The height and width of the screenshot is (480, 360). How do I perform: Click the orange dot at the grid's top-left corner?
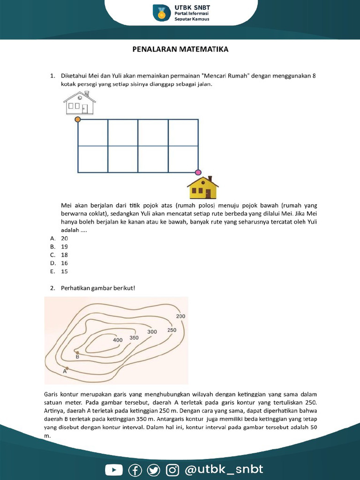click(78, 120)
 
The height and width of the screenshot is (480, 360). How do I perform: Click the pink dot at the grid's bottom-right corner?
click(198, 172)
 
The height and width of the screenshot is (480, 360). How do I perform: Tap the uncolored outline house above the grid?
click(79, 103)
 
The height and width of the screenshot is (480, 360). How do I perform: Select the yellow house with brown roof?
click(203, 187)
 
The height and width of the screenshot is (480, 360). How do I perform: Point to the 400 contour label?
click(118, 340)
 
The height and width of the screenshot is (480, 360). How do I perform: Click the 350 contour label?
click(134, 337)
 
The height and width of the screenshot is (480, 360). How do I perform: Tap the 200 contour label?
click(180, 316)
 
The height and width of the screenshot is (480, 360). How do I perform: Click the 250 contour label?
click(172, 330)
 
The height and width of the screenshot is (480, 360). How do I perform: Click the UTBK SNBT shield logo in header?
click(162, 13)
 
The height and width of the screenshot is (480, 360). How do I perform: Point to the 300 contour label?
click(152, 331)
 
